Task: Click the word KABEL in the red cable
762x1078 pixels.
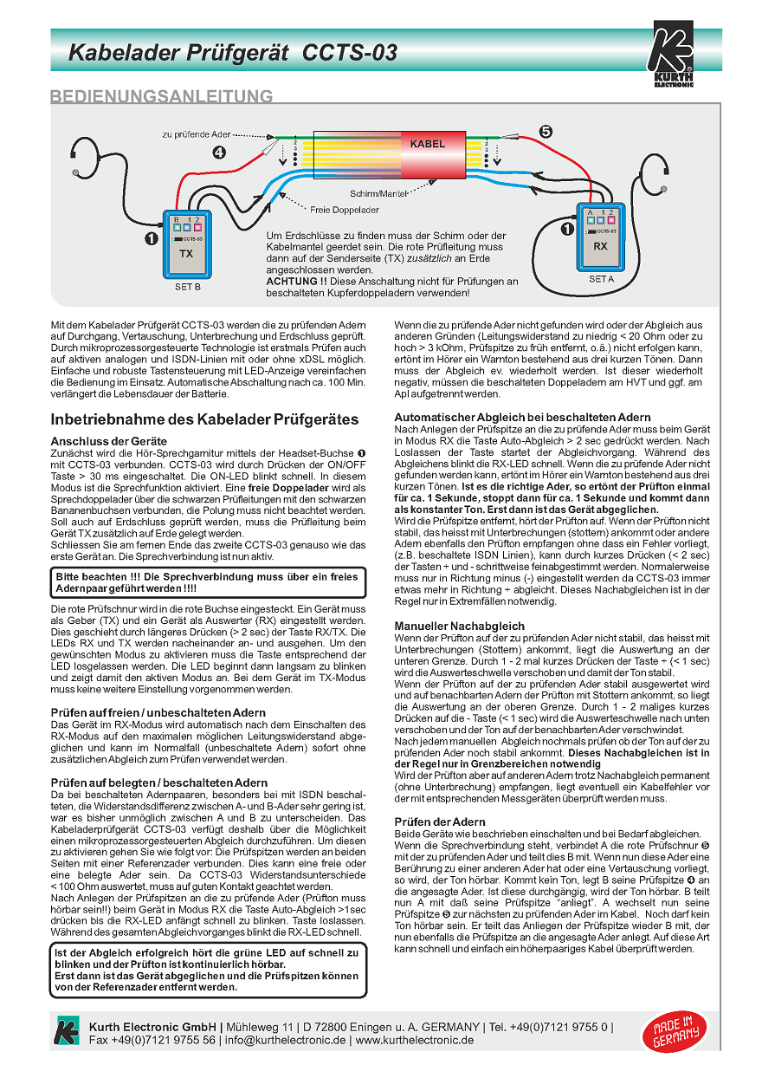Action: coord(427,144)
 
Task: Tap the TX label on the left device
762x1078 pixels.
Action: coord(186,254)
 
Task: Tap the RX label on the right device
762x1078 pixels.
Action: coord(600,246)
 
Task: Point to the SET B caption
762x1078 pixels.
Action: coord(187,285)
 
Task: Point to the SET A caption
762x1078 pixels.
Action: coord(601,279)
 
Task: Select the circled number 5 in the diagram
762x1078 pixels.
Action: coord(545,132)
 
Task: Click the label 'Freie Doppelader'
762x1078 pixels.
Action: coord(345,210)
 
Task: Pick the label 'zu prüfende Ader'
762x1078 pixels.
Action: coord(197,135)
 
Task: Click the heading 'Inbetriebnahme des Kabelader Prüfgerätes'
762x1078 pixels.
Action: coord(204,419)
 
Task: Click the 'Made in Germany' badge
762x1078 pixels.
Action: coord(669,1033)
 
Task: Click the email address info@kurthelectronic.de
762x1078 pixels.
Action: coord(287,1040)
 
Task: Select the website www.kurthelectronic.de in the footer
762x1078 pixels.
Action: coord(415,1040)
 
